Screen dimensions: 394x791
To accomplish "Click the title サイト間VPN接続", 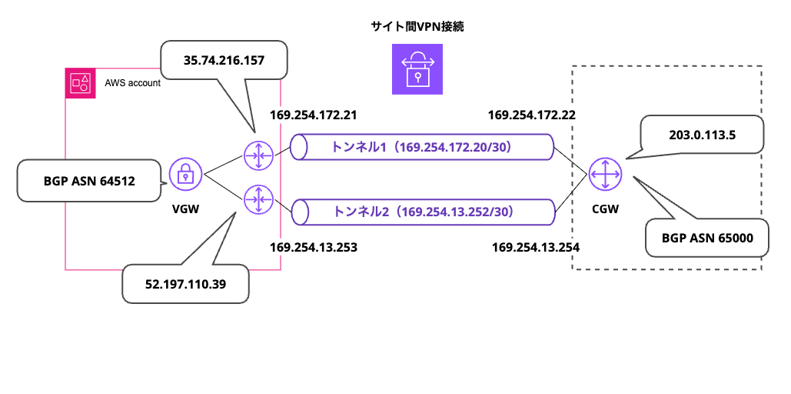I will (417, 27).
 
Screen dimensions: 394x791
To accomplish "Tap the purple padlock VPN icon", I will (417, 68).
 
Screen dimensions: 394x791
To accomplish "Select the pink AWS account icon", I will (80, 82).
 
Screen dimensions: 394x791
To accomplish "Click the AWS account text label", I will (132, 82).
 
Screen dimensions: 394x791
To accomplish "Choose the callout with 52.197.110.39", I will (185, 284).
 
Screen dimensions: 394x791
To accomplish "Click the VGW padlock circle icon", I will (184, 175).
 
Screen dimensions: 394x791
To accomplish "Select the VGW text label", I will (185, 208).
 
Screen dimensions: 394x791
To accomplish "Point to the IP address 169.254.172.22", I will (532, 115).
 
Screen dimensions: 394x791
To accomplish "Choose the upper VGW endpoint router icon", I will (257, 155).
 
